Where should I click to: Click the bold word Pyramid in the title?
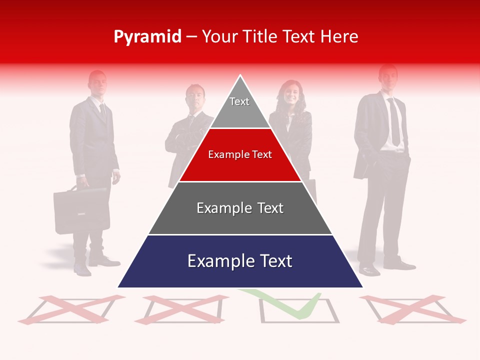pyautogui.click(x=147, y=37)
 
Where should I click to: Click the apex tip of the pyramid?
pyautogui.click(x=240, y=76)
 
